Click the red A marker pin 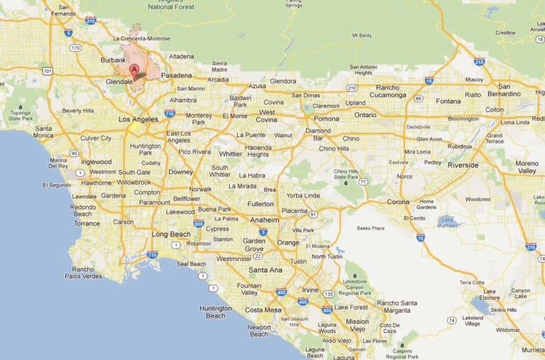click(x=134, y=70)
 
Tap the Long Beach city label click(x=171, y=234)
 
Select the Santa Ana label click(x=265, y=270)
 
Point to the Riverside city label click(x=463, y=165)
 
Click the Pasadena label click(x=177, y=75)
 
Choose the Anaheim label click(x=264, y=220)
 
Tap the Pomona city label click(x=326, y=119)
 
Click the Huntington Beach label click(x=216, y=312)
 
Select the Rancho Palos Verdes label click(x=87, y=273)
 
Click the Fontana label click(x=448, y=101)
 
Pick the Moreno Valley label click(x=527, y=167)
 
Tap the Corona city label click(x=398, y=202)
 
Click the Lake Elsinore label click(x=490, y=295)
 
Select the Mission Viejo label click(x=358, y=325)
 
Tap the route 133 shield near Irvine click(x=329, y=294)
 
